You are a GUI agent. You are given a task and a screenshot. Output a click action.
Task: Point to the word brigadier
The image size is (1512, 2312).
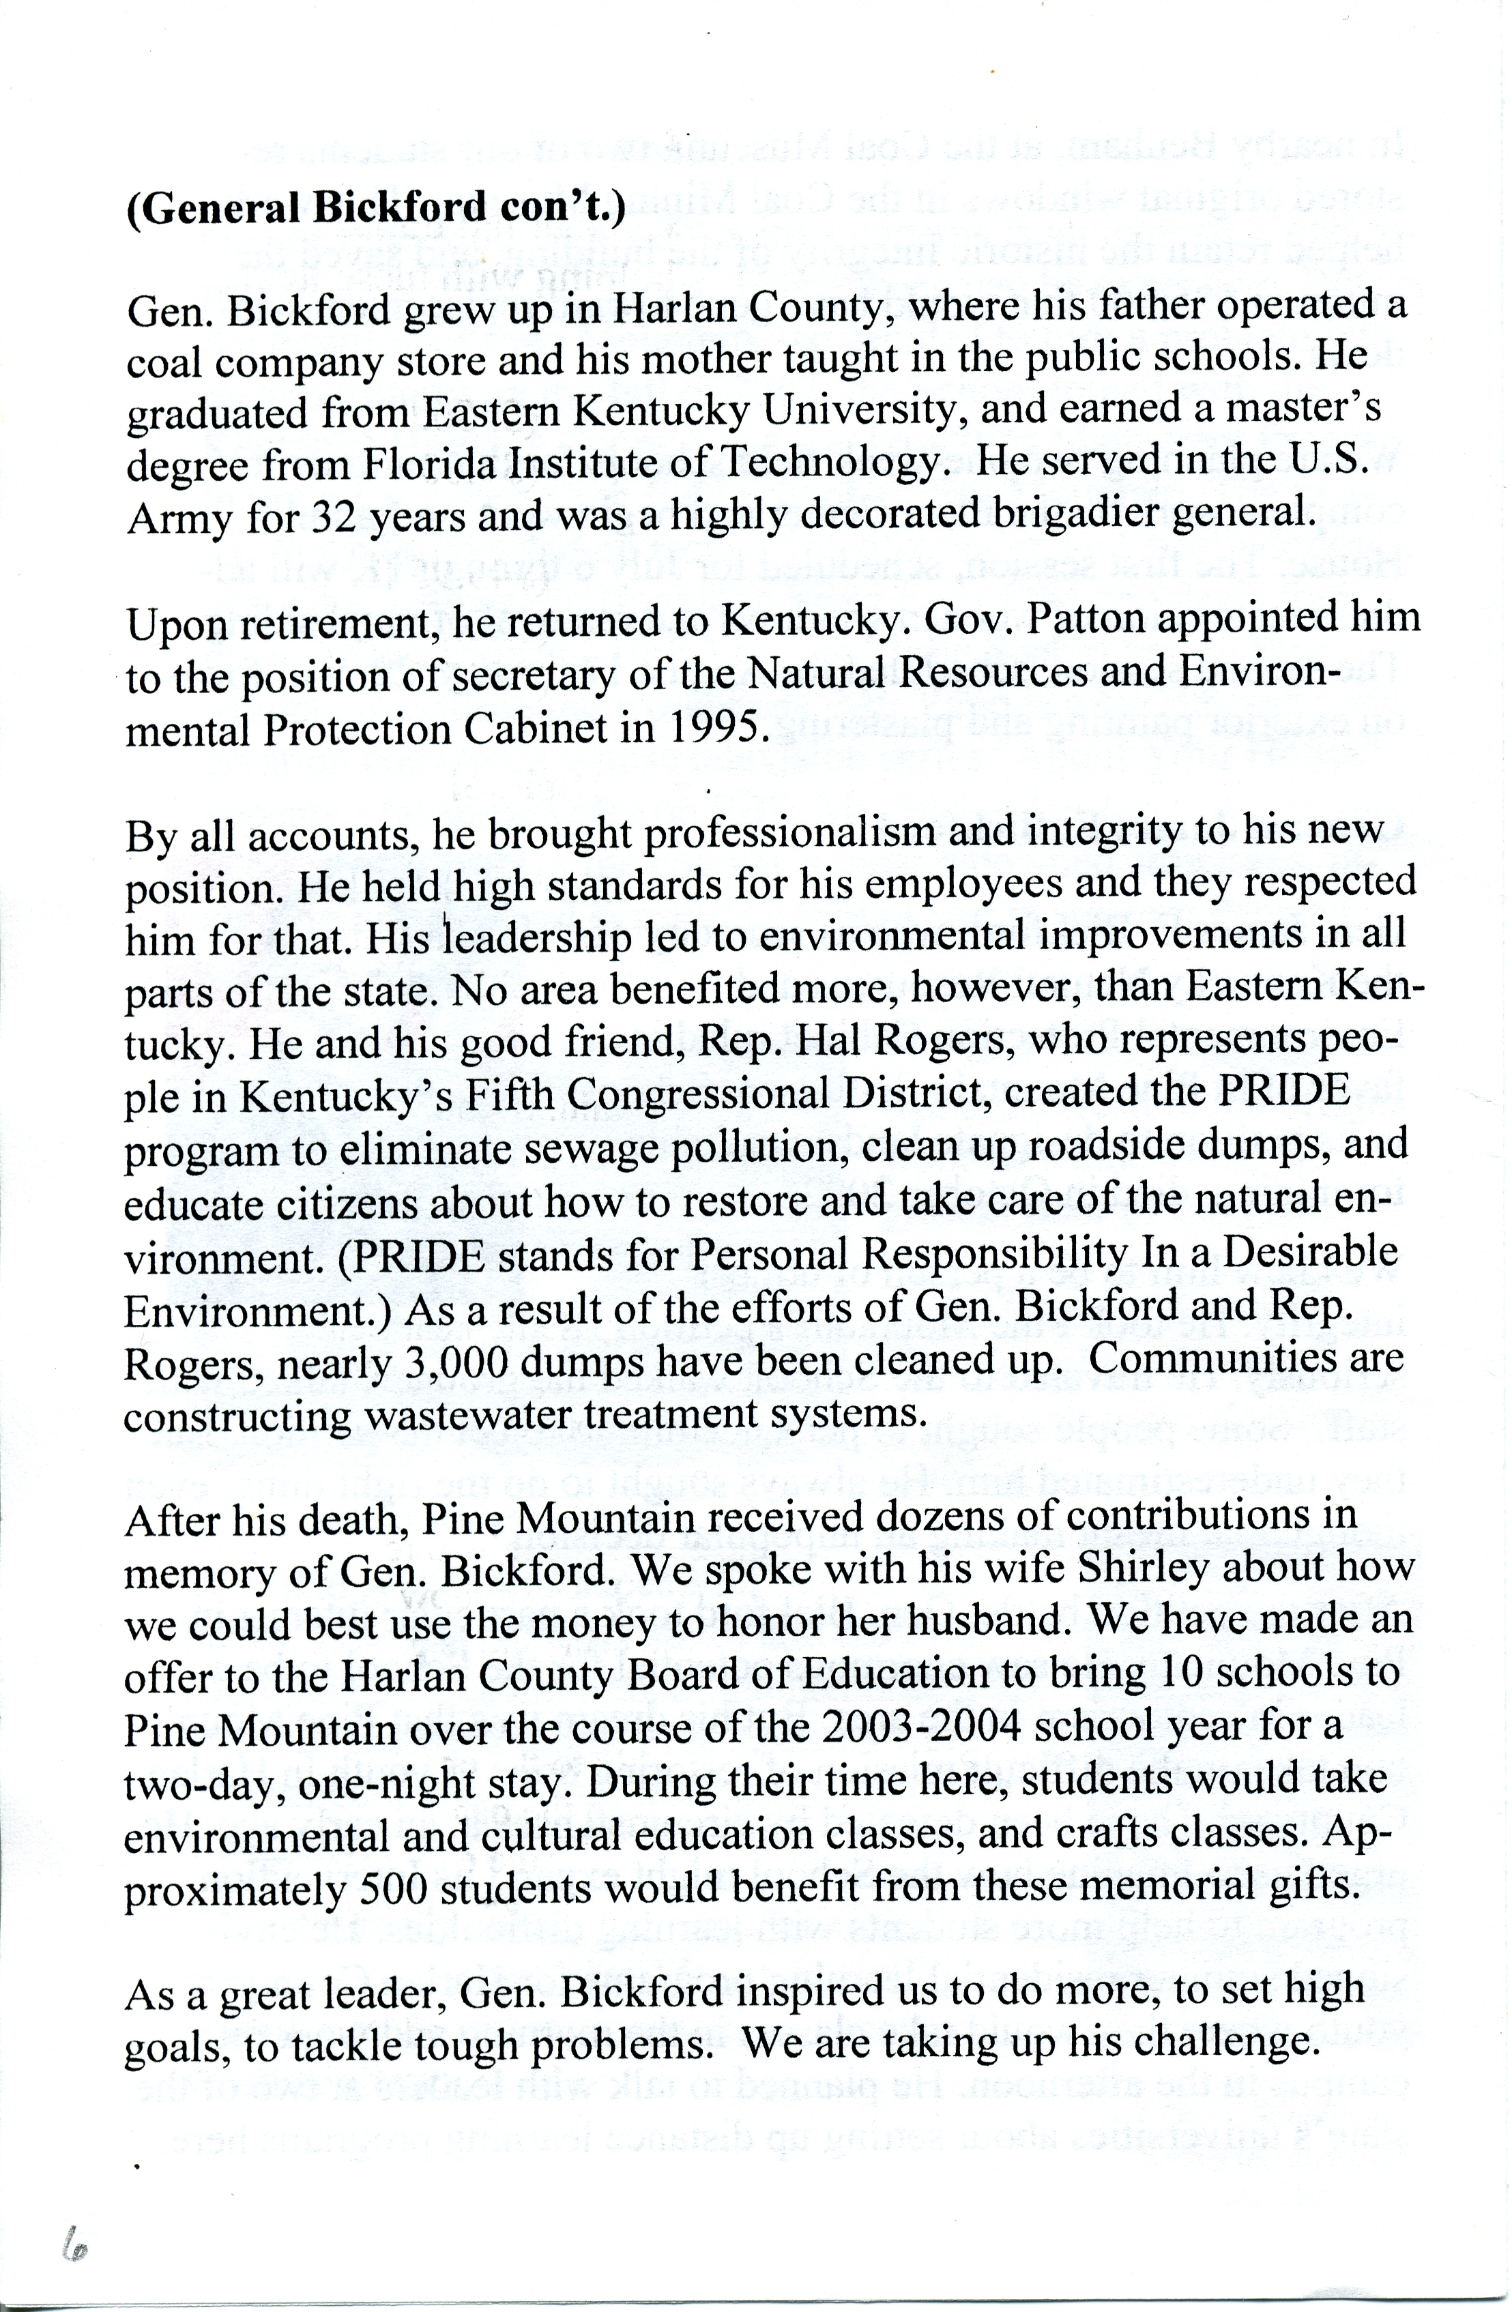1071,513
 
